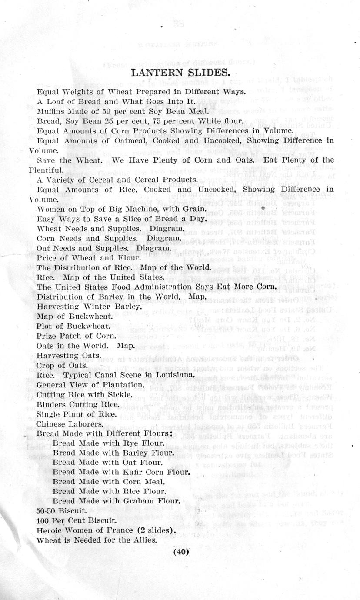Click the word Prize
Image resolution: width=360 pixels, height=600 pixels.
45,336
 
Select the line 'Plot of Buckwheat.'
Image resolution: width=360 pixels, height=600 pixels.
71,326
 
